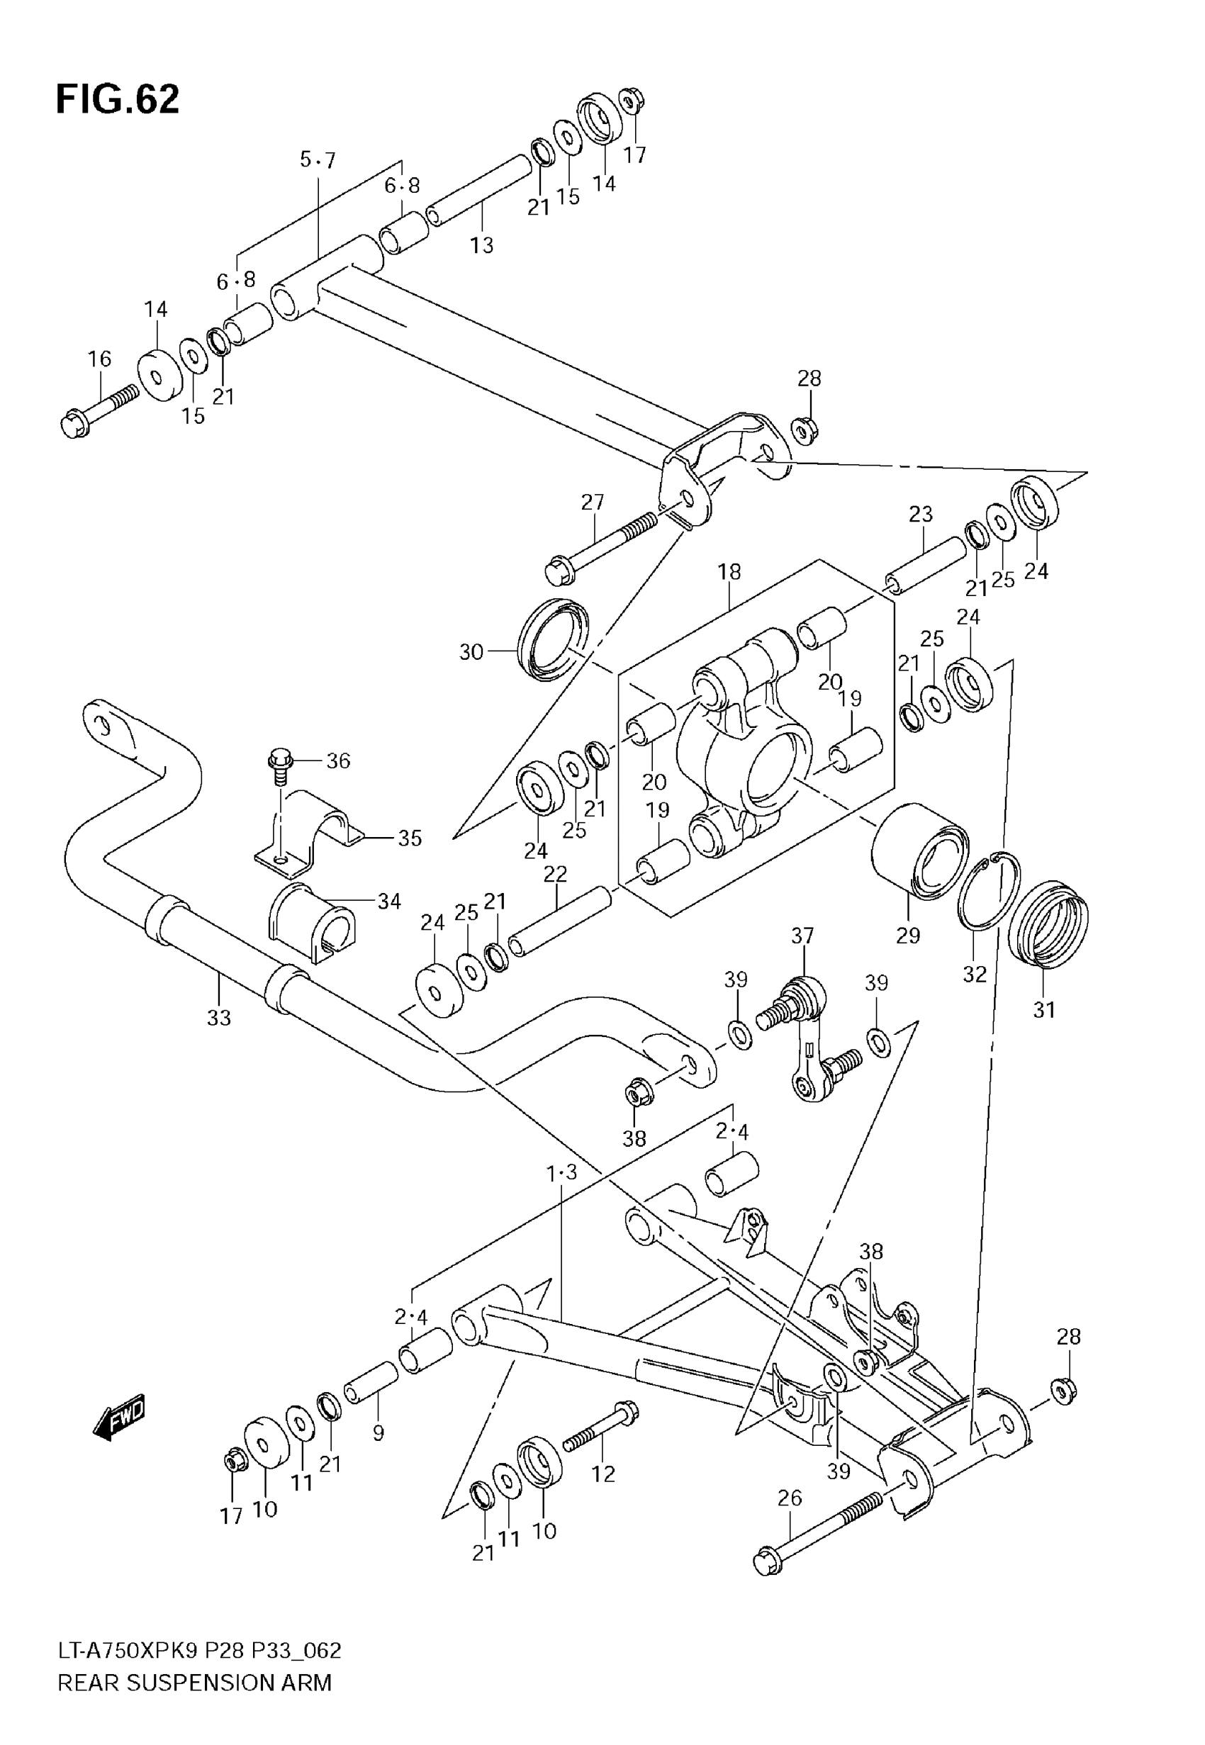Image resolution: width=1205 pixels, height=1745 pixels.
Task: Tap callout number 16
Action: pos(100,359)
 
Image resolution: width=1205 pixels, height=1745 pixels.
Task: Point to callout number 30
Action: pos(471,651)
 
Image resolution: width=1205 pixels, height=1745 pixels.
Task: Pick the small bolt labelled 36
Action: pos(279,763)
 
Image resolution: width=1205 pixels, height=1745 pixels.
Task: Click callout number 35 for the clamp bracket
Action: pos(409,838)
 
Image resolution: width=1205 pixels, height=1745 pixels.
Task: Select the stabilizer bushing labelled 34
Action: pos(311,922)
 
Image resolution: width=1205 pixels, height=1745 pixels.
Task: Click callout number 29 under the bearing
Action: pos(907,935)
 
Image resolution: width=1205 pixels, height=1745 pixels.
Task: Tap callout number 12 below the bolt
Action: pos(603,1474)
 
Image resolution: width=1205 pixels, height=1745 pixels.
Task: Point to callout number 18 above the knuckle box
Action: pos(729,571)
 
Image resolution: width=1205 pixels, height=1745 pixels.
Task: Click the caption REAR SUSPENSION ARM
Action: pos(195,1683)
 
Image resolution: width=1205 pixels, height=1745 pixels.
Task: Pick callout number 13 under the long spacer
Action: pos(482,245)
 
